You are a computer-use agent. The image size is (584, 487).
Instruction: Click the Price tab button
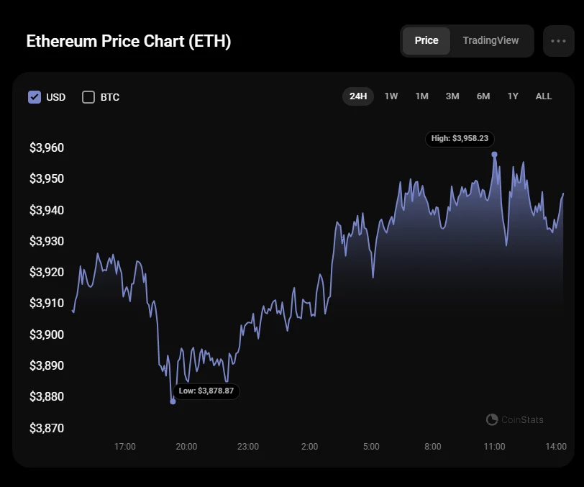click(426, 41)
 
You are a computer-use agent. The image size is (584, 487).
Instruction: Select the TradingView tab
click(491, 41)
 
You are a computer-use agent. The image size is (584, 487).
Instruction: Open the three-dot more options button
click(559, 41)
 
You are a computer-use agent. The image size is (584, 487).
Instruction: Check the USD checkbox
click(35, 97)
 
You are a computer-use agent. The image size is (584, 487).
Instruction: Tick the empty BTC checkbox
click(88, 97)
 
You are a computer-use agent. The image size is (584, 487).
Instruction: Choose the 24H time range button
click(358, 96)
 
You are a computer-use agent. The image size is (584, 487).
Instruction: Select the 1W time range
click(391, 96)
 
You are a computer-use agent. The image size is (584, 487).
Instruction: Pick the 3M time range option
click(452, 96)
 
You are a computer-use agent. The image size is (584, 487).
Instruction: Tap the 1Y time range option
click(513, 96)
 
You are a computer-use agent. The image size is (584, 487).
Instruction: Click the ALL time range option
click(544, 96)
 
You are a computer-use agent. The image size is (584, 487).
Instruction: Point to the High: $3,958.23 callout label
click(460, 139)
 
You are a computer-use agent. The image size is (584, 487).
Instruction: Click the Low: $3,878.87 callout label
click(206, 391)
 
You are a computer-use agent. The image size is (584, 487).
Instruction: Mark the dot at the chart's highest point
click(494, 154)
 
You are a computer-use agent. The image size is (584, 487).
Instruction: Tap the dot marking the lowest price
click(173, 401)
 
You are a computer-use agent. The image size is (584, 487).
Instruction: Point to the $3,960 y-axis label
click(47, 148)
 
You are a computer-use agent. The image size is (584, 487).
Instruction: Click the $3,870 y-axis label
click(47, 428)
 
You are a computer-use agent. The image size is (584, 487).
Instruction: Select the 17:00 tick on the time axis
click(125, 447)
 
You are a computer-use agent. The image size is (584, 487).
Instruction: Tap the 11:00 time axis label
click(494, 447)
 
